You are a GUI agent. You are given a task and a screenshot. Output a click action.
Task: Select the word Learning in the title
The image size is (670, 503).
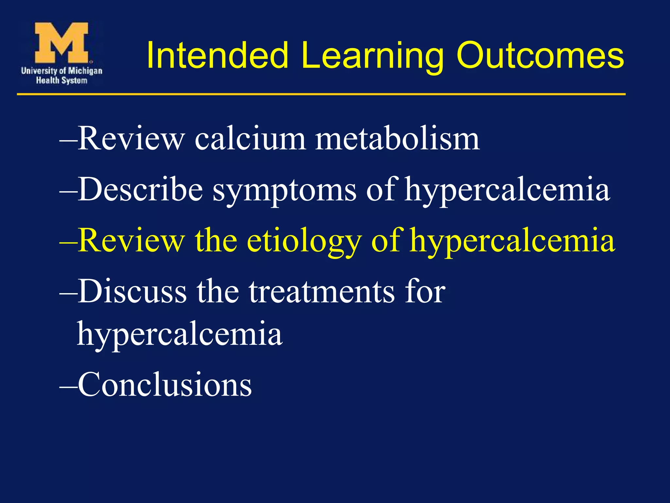(372, 56)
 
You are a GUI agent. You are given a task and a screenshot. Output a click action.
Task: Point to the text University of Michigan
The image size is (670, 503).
(62, 70)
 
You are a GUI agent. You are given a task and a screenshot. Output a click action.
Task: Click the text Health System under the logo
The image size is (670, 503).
(62, 80)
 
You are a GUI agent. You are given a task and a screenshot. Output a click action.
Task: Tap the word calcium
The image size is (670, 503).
(250, 139)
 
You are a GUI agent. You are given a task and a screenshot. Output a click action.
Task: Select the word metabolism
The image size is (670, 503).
(397, 139)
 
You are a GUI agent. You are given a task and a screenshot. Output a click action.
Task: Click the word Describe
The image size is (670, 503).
(140, 190)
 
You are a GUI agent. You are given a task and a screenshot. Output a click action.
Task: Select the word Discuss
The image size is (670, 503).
(132, 291)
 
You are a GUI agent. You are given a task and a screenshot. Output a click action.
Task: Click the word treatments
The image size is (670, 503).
(322, 291)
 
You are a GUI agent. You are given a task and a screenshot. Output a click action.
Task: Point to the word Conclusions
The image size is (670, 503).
(165, 385)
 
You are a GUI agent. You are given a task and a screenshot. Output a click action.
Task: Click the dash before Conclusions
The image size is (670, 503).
(68, 386)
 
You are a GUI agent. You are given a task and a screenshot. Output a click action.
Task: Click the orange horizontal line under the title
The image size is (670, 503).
(321, 94)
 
